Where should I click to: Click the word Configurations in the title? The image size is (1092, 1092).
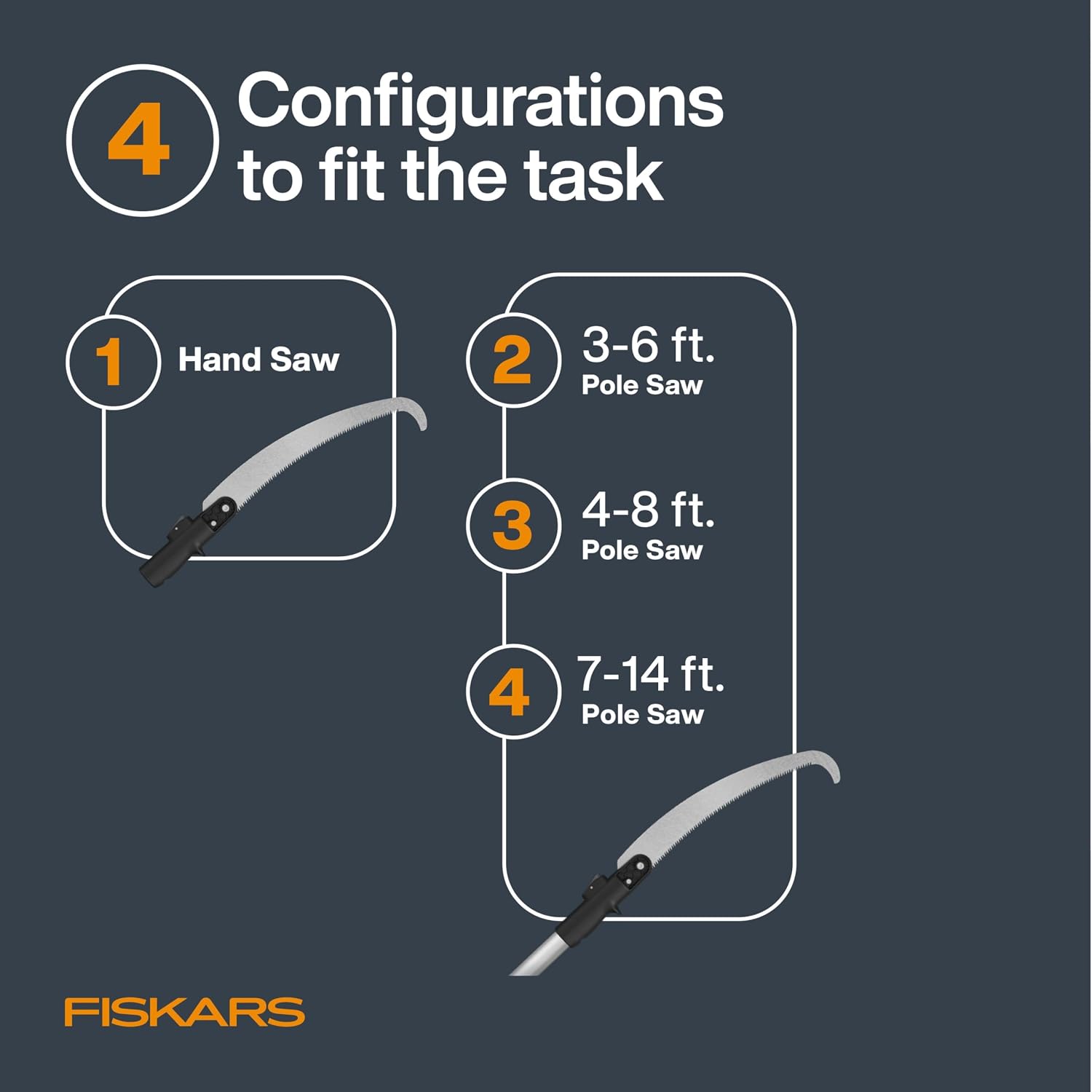(480, 103)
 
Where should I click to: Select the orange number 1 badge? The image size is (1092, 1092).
(112, 361)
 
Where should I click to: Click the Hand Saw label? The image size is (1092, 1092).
(258, 360)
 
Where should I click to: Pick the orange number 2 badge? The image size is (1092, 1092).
(513, 360)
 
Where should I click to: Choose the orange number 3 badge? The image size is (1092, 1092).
(513, 526)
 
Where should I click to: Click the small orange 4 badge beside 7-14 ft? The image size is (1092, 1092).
(513, 692)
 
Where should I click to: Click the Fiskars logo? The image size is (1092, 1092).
(184, 1013)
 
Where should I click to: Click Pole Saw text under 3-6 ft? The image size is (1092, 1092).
(642, 385)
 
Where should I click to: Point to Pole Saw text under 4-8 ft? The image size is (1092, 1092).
(642, 550)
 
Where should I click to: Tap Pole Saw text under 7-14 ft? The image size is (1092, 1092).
(642, 715)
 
